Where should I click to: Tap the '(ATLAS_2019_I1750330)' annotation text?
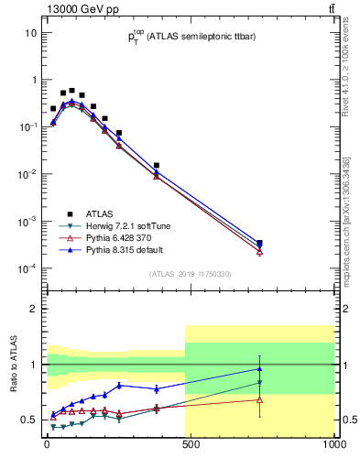(190, 274)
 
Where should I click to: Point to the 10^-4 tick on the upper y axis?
(27, 268)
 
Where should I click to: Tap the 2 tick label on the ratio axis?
(35, 309)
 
